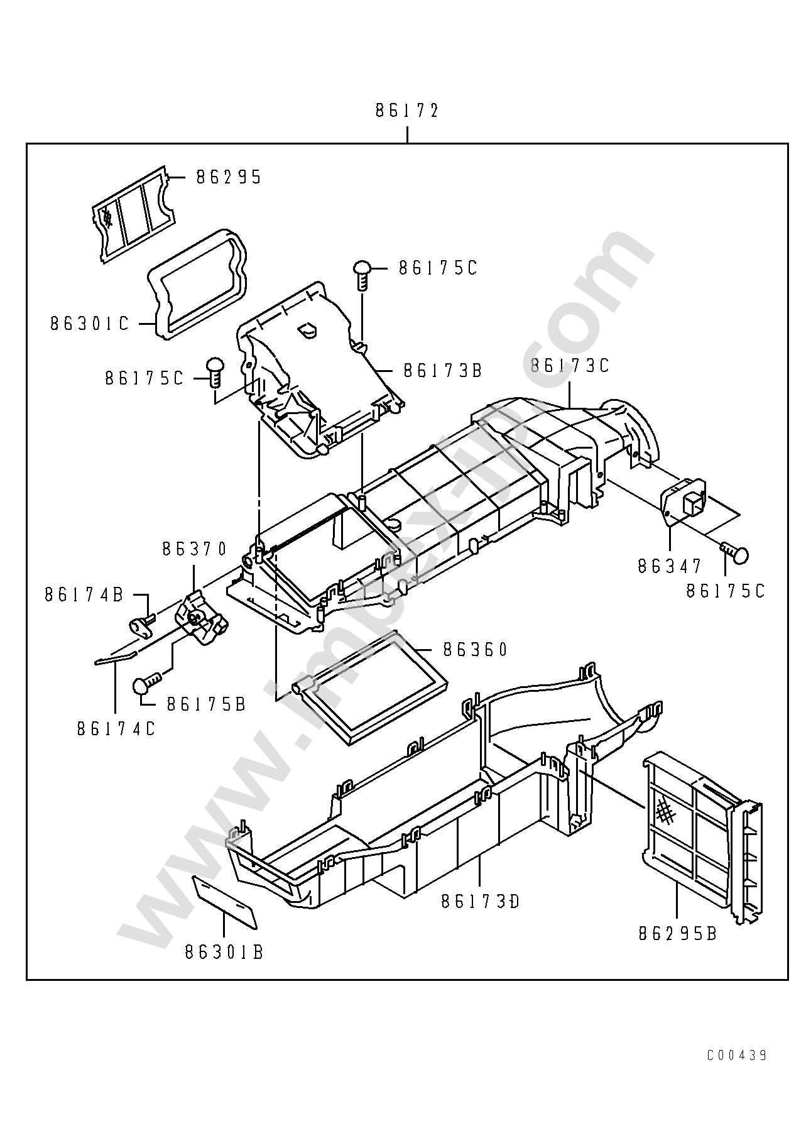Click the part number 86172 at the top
[406, 111]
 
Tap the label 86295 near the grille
[228, 177]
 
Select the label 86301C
[89, 324]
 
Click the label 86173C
[570, 366]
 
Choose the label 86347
[669, 566]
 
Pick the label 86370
[194, 549]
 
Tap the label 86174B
[84, 594]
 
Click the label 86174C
[116, 728]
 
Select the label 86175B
[206, 704]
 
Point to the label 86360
[475, 649]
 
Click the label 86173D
[481, 902]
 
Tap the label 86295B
[677, 933]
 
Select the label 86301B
[224, 953]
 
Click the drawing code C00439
[736, 1055]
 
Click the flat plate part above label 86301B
[224, 902]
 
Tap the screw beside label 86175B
[146, 682]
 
